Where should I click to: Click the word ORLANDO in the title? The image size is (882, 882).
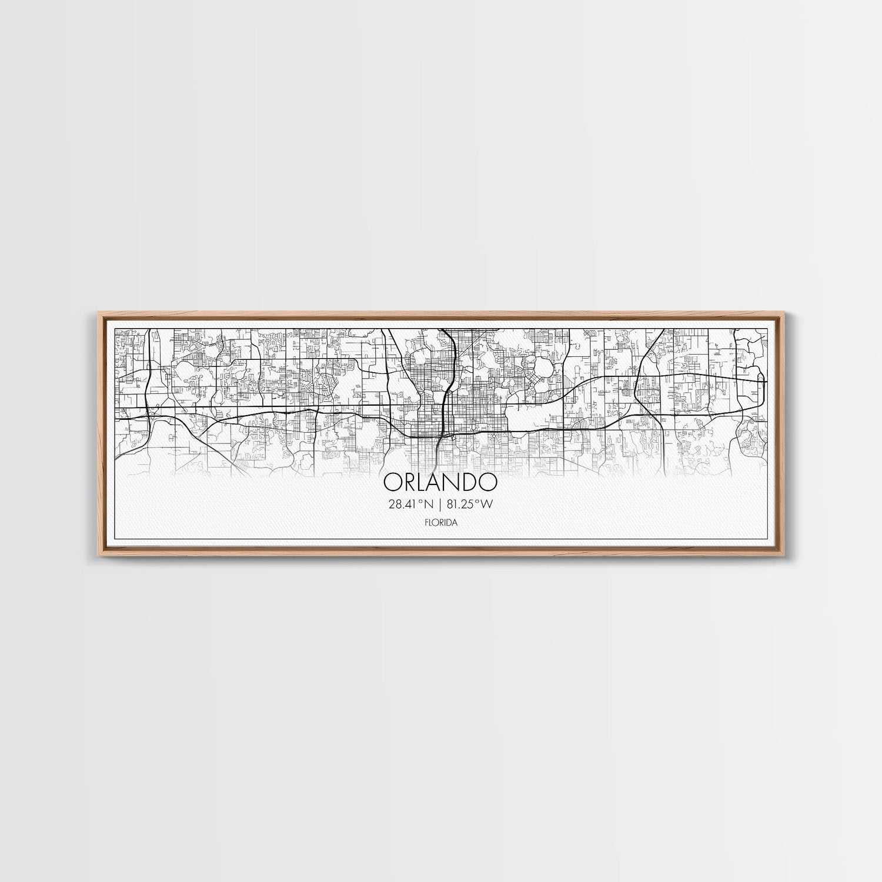440,482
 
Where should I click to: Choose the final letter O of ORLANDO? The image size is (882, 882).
488,482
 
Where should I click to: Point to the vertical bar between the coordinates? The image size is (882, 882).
439,503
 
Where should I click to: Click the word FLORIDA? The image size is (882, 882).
440,522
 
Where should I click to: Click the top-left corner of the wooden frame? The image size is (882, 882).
95,313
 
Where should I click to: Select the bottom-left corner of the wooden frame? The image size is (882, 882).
95,556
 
